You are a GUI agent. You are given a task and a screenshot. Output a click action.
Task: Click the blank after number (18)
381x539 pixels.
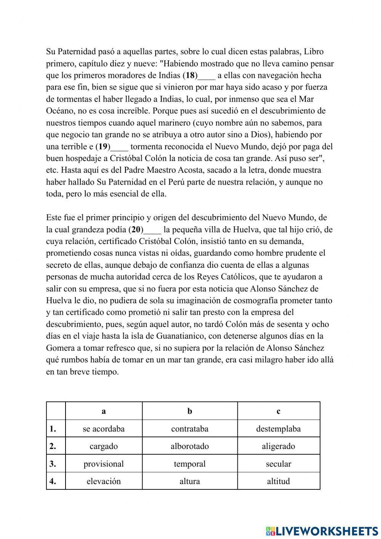pos(207,75)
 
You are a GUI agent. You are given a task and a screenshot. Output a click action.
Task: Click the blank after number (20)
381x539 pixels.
pos(152,230)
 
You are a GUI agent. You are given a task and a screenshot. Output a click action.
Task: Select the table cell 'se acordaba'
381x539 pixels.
pos(104,429)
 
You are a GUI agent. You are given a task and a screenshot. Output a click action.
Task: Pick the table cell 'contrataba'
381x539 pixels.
pos(190,429)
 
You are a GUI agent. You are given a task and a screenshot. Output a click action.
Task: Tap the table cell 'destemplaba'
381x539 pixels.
pos(279,429)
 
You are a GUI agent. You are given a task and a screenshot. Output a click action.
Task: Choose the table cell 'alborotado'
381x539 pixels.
pos(190,446)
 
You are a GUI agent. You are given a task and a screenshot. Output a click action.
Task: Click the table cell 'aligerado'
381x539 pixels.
pos(279,446)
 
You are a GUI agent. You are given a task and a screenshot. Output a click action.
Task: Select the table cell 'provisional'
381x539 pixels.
pos(104,464)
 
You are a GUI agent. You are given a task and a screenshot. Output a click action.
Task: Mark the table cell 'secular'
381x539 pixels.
pos(279,464)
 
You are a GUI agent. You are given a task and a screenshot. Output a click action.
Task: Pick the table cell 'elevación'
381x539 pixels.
pos(104,481)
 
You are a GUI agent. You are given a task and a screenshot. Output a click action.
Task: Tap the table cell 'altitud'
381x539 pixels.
pos(279,481)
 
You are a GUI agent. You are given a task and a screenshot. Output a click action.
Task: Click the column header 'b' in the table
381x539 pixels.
pos(190,411)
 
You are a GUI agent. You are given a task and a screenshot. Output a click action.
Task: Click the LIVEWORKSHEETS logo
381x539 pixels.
pos(322,531)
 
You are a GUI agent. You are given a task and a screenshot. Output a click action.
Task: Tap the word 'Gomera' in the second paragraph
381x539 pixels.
pos(60,348)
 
